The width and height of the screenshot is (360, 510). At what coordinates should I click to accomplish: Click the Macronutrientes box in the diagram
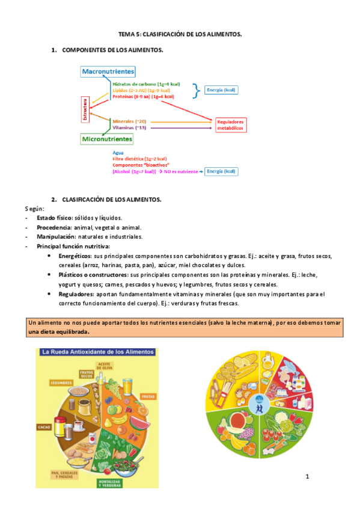[108, 72]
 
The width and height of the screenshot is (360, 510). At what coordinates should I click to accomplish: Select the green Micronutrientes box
[107, 139]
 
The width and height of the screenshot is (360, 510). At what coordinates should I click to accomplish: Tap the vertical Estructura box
[85, 109]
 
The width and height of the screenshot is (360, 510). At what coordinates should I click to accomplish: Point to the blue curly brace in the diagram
[195, 90]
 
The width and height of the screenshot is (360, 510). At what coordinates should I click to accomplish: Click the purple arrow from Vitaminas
[180, 127]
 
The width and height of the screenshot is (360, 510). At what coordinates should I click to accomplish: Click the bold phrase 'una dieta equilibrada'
[59, 332]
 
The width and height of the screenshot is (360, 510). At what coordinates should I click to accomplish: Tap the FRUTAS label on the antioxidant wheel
[147, 396]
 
